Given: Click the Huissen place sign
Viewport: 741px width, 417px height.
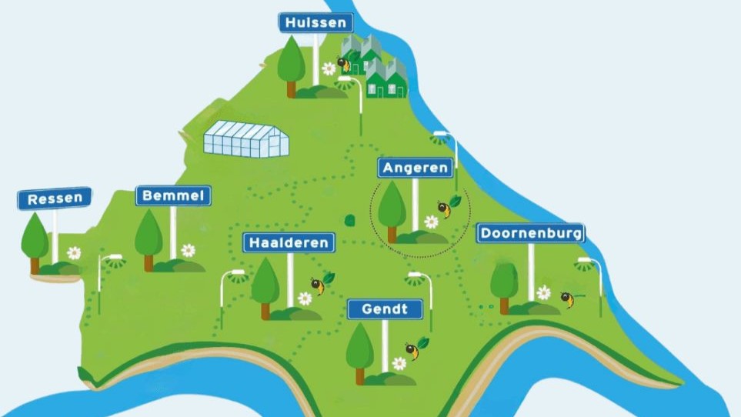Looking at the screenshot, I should [315, 22].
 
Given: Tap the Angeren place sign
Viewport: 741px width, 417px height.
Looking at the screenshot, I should [415, 168].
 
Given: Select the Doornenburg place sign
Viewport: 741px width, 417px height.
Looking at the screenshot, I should [530, 232].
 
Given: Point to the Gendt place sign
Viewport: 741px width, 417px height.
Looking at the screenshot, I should [385, 309].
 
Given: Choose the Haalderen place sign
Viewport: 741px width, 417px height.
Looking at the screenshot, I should [289, 242].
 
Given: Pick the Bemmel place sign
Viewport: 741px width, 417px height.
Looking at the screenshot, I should [173, 196].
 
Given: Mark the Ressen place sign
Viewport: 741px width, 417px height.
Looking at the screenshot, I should [55, 199].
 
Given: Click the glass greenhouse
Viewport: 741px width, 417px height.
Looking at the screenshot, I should [246, 138].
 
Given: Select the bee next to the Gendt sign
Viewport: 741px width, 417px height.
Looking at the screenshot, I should [413, 351].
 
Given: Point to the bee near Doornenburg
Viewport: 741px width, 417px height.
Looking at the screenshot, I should [567, 299].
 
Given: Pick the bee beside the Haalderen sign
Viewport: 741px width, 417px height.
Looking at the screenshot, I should [317, 285].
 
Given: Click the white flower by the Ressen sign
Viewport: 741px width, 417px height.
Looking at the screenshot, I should [74, 252].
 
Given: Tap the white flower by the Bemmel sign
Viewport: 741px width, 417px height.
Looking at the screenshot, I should [188, 250].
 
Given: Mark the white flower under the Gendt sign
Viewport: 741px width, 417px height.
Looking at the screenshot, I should [399, 363].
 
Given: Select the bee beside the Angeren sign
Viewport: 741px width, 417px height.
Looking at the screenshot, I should [444, 208].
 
